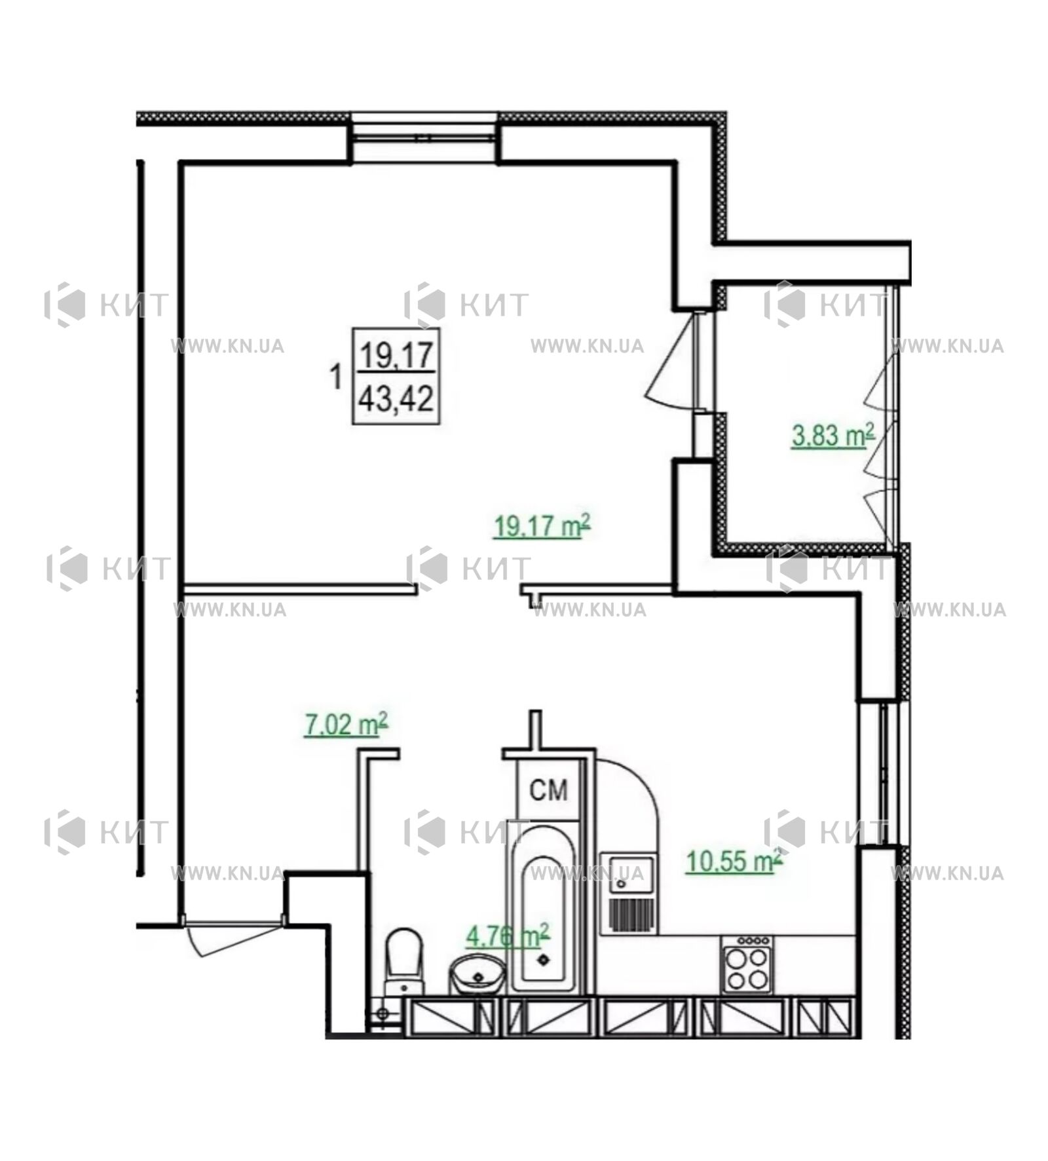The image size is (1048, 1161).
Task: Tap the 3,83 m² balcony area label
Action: [833, 435]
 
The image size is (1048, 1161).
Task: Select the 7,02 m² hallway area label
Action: [346, 725]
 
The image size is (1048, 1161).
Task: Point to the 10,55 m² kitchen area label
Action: [734, 860]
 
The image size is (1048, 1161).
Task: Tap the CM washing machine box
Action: [548, 790]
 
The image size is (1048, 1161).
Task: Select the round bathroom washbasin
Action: [477, 975]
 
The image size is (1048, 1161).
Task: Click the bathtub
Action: [543, 908]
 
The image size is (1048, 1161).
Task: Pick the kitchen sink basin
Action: [627, 875]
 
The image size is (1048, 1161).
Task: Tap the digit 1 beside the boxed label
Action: [336, 377]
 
